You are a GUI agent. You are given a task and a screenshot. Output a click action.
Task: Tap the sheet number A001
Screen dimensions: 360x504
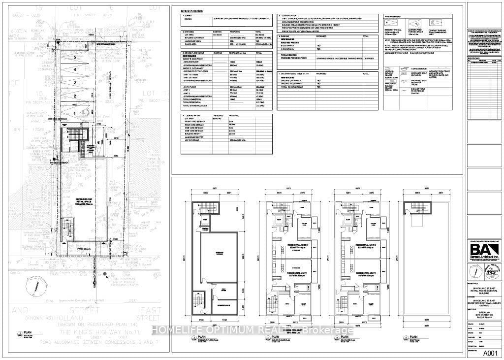point(490,353)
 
